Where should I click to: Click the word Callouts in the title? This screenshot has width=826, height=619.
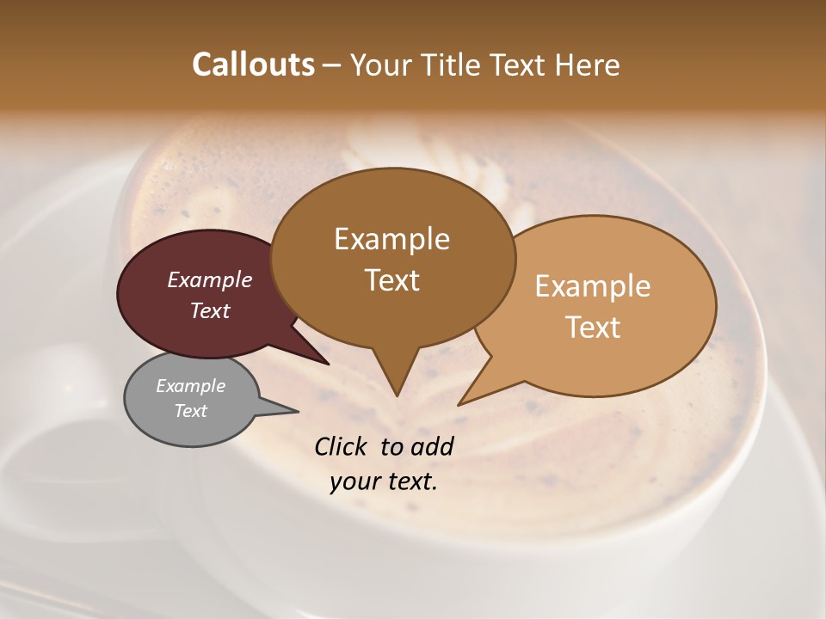pos(253,64)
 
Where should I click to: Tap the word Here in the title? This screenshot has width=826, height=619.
pos(588,64)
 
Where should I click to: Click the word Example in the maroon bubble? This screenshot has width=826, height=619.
pos(210,279)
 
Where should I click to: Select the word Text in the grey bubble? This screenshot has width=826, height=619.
pos(191,411)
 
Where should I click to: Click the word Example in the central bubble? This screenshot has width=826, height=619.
pos(392,239)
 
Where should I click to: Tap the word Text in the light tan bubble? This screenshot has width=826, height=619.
pos(594,328)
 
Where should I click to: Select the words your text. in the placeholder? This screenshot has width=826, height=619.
pos(384,481)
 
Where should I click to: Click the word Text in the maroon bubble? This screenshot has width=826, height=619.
pos(210,310)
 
